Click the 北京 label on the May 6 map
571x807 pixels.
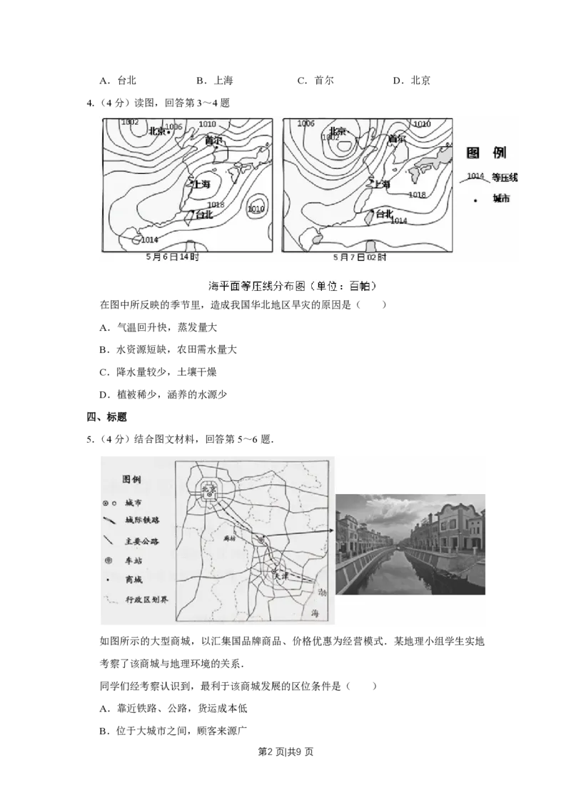click(157, 130)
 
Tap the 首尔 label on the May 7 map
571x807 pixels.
click(397, 139)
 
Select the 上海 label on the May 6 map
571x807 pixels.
click(202, 185)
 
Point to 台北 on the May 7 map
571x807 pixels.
click(384, 213)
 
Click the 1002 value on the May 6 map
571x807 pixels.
click(130, 122)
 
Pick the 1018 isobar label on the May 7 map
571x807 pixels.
click(417, 195)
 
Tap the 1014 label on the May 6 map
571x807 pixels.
click(150, 239)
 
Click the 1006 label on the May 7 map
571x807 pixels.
click(305, 123)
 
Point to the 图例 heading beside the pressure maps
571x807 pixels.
click(485, 153)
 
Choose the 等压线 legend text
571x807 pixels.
click(504, 177)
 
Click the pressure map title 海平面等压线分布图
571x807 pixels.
click(257, 287)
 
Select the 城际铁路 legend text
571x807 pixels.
click(142, 522)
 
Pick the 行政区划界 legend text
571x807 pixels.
click(146, 600)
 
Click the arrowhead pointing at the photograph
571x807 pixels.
click(332, 530)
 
